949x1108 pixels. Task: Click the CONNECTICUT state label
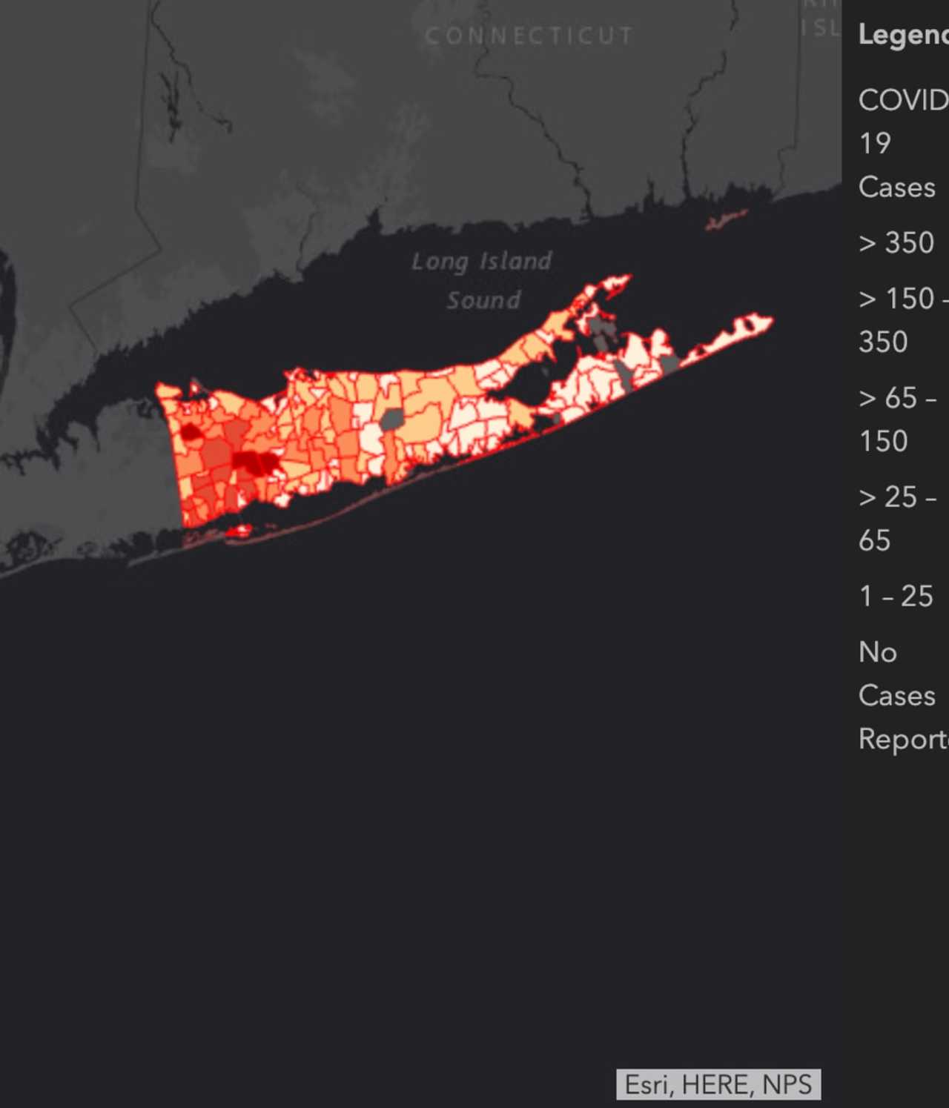(x=529, y=36)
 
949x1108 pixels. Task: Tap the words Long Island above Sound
(x=482, y=261)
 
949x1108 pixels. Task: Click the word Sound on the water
(x=483, y=300)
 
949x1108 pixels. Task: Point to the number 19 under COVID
(x=875, y=143)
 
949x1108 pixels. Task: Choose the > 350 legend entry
(x=896, y=242)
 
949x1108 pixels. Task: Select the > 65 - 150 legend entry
(x=896, y=419)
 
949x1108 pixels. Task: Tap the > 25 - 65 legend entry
(x=896, y=518)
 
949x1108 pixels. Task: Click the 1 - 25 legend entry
(x=896, y=596)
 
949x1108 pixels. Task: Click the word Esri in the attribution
(x=647, y=1084)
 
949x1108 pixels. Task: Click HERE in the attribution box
(x=717, y=1084)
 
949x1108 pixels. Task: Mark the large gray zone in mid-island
(x=391, y=419)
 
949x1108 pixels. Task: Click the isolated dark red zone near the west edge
(x=191, y=431)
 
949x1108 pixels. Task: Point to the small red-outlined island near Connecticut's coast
(x=726, y=220)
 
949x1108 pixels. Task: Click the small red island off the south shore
(x=239, y=530)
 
